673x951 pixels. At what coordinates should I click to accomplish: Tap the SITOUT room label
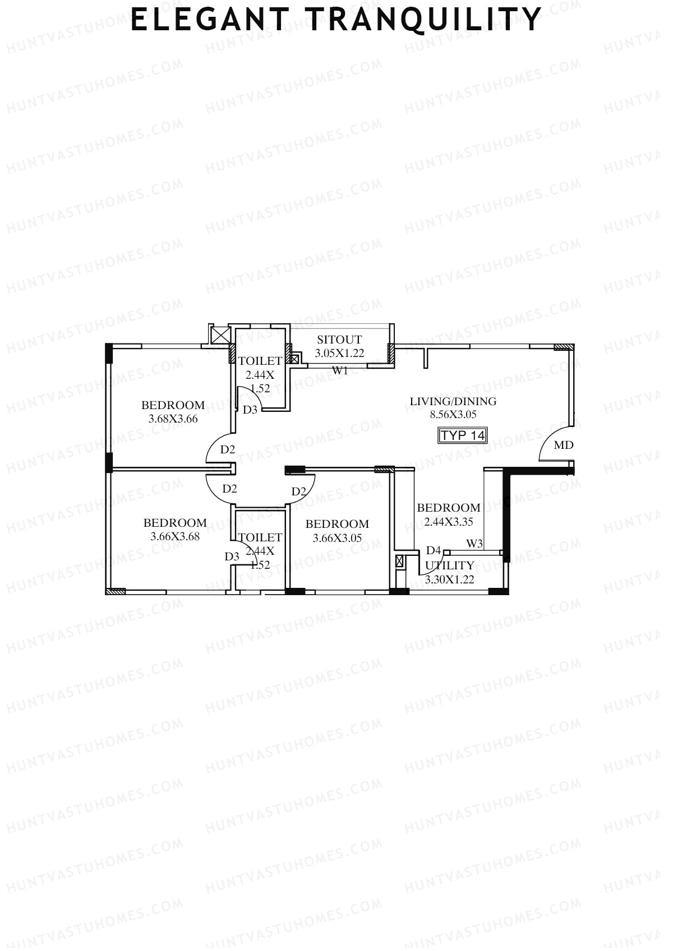tap(339, 340)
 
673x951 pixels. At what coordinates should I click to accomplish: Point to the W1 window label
tap(340, 370)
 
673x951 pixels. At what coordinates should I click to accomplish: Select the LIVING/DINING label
tap(453, 401)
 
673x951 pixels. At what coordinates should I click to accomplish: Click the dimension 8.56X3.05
tap(453, 415)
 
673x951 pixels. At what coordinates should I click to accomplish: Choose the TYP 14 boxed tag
tap(463, 435)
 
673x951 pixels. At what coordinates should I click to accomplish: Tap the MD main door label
tap(564, 445)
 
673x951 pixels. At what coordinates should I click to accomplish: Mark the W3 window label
tap(474, 543)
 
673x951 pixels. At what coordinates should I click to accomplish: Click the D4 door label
tap(434, 550)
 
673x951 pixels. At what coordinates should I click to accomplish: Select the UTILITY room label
tap(449, 565)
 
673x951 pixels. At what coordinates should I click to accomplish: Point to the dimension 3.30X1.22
tap(449, 579)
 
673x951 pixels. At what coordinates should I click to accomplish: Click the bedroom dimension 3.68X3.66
tap(173, 419)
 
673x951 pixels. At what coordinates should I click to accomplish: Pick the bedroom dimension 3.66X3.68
tap(175, 536)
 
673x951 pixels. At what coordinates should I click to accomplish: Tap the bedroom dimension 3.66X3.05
tap(337, 538)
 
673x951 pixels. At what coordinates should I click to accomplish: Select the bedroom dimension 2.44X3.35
tap(449, 522)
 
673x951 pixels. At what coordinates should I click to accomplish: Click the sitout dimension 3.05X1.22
tap(339, 353)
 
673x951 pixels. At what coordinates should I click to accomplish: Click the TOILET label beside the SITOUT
tap(260, 361)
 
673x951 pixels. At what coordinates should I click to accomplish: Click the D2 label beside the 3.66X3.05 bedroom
tap(299, 491)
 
